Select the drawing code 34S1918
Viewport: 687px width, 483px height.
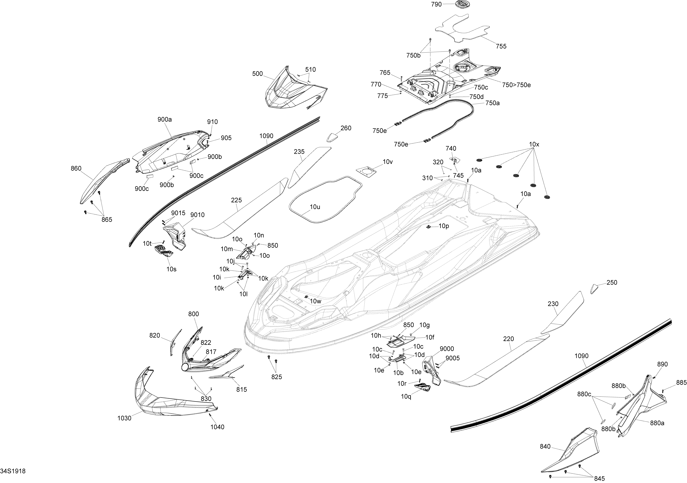click(x=13, y=471)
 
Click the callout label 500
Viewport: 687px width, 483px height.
click(x=257, y=74)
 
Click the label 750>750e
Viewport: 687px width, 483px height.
click(x=516, y=85)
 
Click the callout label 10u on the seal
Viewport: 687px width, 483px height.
click(x=315, y=207)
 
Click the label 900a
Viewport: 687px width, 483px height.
click(x=165, y=119)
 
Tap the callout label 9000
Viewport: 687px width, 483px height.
click(x=447, y=349)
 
